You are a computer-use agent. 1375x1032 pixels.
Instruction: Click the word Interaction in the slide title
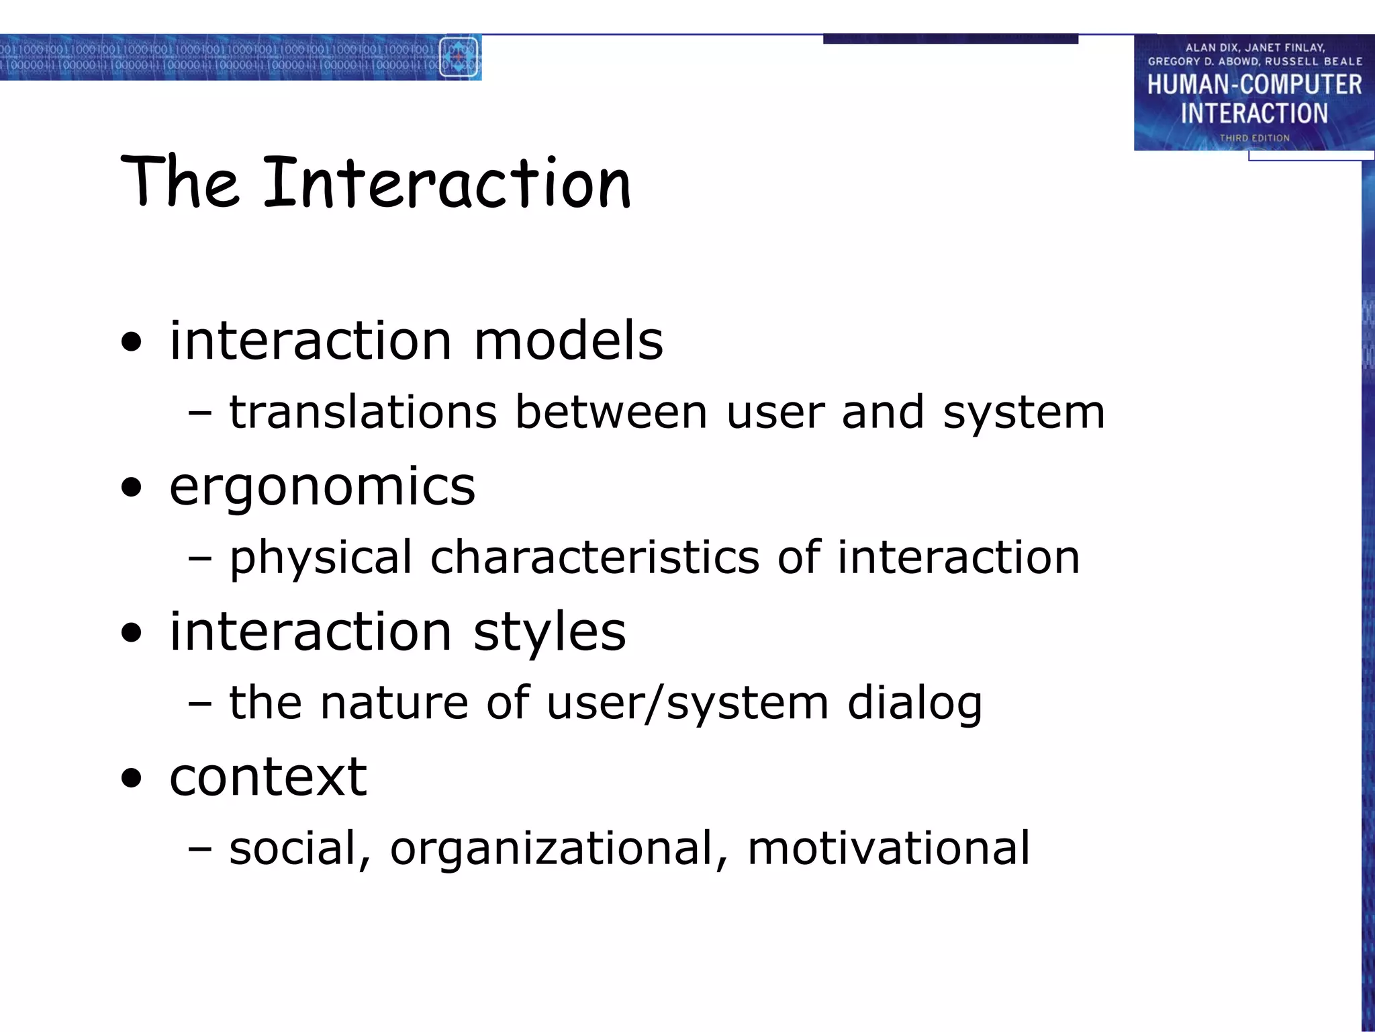[x=447, y=183]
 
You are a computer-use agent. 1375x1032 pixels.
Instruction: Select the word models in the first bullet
[x=568, y=341]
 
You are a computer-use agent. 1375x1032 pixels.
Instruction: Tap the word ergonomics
[x=322, y=486]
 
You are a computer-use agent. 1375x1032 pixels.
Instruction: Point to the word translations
[x=363, y=412]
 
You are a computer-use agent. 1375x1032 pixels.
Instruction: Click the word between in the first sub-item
[x=612, y=412]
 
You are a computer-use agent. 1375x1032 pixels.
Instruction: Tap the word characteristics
[x=594, y=558]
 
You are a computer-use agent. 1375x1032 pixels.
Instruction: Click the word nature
[x=393, y=703]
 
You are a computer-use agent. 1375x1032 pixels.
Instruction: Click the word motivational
[x=888, y=848]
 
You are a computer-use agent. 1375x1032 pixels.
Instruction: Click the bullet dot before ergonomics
[x=132, y=488]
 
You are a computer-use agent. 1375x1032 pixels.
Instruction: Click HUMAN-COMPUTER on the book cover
[x=1254, y=85]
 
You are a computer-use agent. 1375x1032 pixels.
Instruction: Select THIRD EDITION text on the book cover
[x=1254, y=138]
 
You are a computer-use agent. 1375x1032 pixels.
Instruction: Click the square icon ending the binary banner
[x=459, y=58]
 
